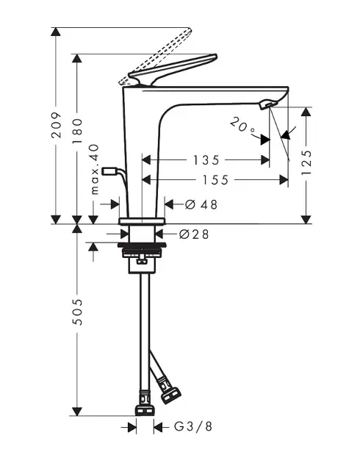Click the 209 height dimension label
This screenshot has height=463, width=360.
[x=57, y=125]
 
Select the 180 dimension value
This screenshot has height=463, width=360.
[x=77, y=131]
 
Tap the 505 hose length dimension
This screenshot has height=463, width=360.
[x=77, y=312]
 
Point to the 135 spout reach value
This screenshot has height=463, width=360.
[x=206, y=160]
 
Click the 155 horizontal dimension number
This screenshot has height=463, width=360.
[x=215, y=180]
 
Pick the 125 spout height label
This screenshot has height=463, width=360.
[x=306, y=162]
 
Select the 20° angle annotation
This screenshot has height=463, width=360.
[x=242, y=125]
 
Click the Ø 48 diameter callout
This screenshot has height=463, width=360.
[x=201, y=204]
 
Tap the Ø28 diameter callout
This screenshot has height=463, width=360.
[x=194, y=234]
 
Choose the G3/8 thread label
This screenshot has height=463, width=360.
[x=193, y=426]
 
